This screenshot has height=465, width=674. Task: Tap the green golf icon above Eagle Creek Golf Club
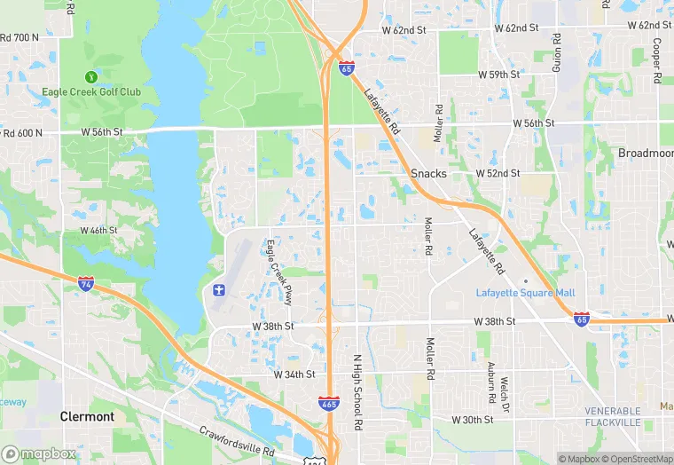tap(90, 77)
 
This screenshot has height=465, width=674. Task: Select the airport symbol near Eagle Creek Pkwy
tap(219, 290)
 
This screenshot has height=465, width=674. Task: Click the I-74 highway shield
tap(86, 284)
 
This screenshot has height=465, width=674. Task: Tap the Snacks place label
tap(428, 173)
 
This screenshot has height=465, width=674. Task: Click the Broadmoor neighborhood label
tap(646, 154)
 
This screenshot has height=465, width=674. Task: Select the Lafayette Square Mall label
tap(525, 293)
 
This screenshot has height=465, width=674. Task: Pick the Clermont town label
tap(87, 416)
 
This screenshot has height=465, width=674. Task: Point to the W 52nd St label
tap(497, 173)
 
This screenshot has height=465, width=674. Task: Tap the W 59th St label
tap(497, 75)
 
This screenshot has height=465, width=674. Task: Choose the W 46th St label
tap(98, 230)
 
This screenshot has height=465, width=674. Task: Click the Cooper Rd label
tap(657, 60)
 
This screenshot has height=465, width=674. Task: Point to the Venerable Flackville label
tap(612, 417)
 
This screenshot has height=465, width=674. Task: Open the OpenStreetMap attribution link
tap(636, 459)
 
